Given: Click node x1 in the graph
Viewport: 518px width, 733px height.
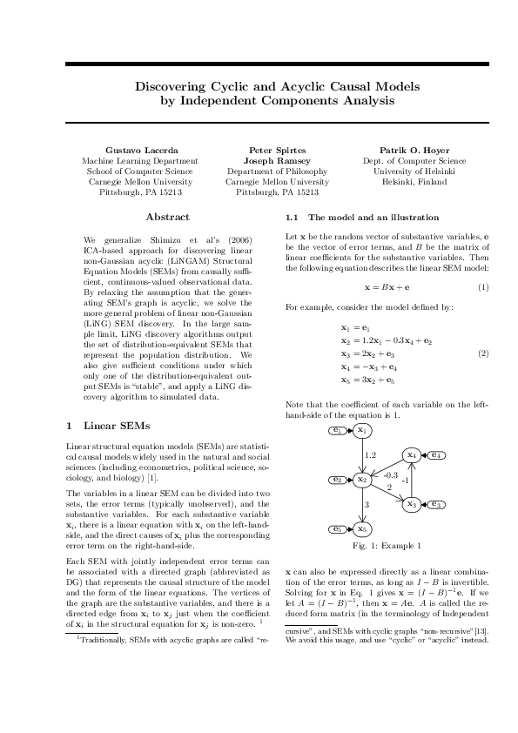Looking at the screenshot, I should tap(362, 430).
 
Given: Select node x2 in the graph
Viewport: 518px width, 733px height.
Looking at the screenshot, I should tap(362, 480).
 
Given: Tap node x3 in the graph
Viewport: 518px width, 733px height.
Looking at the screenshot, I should tap(411, 503).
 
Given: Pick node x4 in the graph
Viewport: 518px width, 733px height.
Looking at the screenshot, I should tap(411, 454).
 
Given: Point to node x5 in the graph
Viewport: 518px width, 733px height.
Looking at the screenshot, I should tap(362, 528).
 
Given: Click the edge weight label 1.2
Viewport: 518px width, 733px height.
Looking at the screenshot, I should tap(370, 454).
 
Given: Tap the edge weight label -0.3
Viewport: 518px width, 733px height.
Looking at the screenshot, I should tap(390, 475).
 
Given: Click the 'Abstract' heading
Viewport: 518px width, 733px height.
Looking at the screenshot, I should tap(167, 216).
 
